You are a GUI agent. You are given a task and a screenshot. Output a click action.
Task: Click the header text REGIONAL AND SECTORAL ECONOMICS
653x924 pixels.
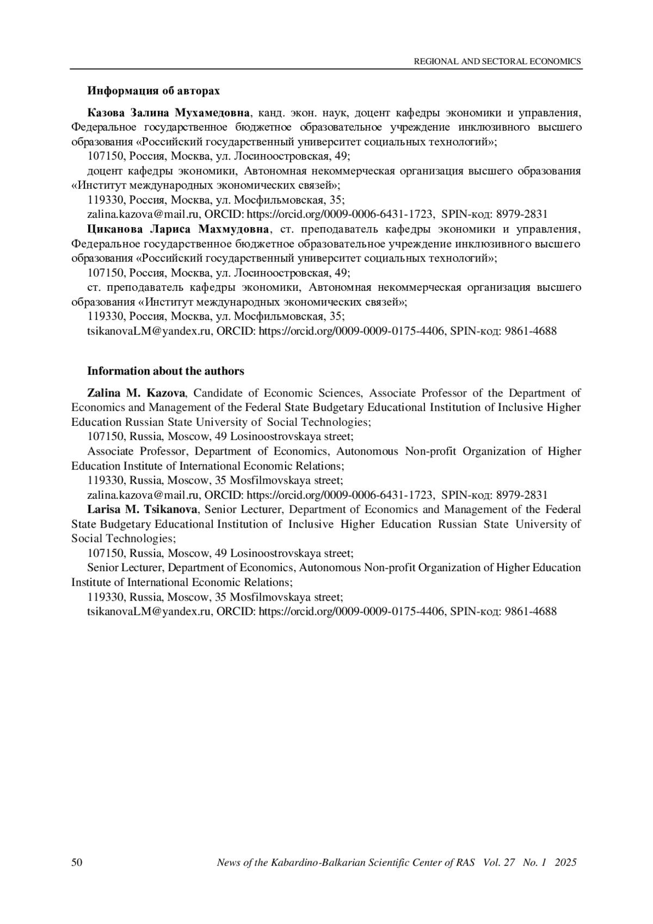(497, 62)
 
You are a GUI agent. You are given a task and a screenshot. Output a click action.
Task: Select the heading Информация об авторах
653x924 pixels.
(154, 90)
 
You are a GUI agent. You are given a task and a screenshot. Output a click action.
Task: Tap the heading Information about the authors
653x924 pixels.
(165, 371)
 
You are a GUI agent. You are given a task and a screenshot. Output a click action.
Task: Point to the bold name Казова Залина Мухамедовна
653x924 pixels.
(169, 113)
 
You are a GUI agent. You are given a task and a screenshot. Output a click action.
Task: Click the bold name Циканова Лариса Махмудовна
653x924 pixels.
(178, 229)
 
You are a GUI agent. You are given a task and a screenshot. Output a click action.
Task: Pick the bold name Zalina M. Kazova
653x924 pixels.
(136, 393)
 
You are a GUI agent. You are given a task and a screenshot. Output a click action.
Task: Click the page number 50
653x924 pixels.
(77, 862)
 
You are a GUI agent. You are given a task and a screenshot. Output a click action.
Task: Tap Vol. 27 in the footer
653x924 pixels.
(498, 862)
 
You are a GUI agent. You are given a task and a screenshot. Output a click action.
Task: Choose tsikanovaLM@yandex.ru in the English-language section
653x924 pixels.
(149, 611)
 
